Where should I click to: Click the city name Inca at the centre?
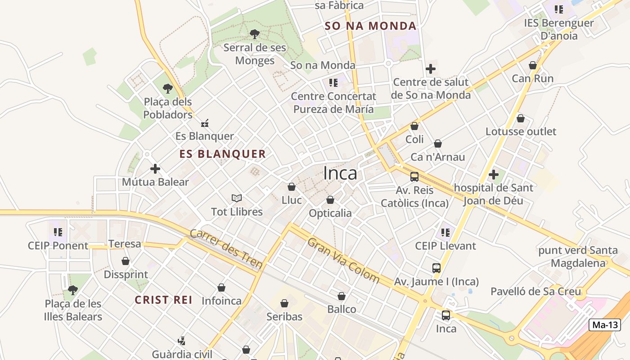tap(340, 173)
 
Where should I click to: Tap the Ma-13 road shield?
tap(605, 325)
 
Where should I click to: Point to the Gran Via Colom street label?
tap(344, 260)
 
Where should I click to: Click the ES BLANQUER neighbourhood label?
tap(222, 154)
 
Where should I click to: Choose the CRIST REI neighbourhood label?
tap(164, 300)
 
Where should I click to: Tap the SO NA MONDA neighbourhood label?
tap(370, 26)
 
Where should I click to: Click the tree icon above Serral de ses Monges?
tap(255, 34)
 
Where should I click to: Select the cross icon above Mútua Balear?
tap(155, 169)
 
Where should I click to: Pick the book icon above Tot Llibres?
tap(237, 198)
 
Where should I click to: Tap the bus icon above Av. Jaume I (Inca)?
tap(436, 268)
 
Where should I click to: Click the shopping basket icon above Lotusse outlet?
tap(521, 118)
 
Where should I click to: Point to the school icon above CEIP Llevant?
tap(445, 233)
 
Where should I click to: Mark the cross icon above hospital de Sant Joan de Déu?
tap(494, 174)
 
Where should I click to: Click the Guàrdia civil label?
tap(182, 354)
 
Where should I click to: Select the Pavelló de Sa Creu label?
tap(535, 292)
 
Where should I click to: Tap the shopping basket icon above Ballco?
tap(342, 296)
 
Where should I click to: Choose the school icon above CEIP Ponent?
tap(58, 232)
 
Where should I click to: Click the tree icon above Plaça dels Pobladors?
tap(168, 88)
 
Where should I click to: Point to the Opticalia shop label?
tap(330, 213)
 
